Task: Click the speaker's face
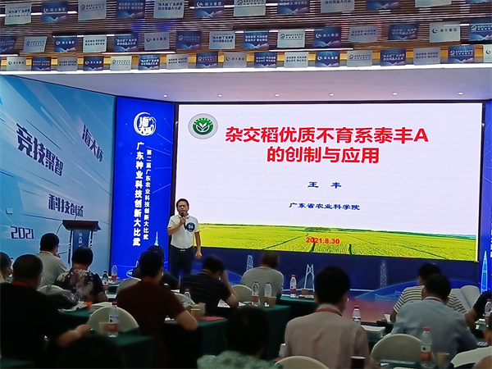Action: (x=182, y=207)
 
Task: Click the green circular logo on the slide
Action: (x=203, y=125)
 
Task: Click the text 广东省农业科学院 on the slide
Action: (x=325, y=206)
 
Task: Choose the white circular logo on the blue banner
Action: (x=144, y=124)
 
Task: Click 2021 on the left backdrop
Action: (x=22, y=233)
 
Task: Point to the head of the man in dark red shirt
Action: (x=151, y=263)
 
